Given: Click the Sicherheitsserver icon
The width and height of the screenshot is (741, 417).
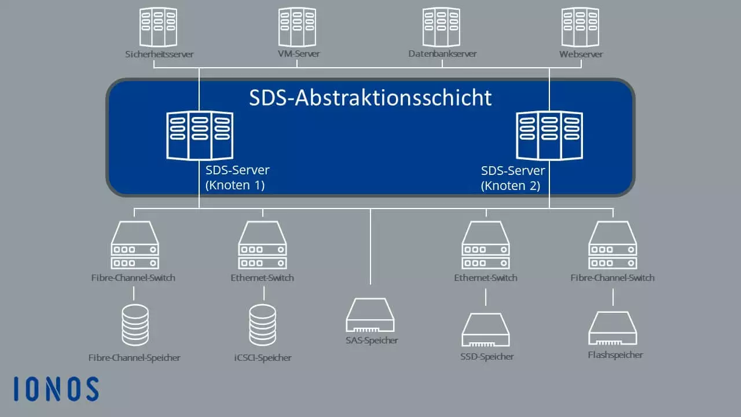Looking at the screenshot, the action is [x=158, y=27].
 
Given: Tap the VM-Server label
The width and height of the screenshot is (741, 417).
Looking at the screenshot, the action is [x=298, y=54].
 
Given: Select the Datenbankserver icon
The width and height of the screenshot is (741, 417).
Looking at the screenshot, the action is [x=441, y=27].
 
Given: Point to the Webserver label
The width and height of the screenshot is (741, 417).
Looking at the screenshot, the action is [x=581, y=54].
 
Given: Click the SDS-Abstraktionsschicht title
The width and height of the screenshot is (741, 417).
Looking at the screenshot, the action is [x=370, y=98].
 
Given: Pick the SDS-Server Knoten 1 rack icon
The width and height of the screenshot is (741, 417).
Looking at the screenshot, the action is [x=200, y=136].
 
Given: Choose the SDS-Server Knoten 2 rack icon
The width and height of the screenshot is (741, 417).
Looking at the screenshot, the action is [x=549, y=136].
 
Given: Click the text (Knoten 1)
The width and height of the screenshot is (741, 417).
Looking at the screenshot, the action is [x=235, y=185].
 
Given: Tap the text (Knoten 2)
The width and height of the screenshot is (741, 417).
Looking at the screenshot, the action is [x=511, y=186].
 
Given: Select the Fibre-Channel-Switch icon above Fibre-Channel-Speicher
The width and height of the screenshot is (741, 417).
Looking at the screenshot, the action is [x=135, y=245].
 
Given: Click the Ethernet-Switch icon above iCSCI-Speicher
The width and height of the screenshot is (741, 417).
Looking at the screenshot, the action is [x=262, y=245].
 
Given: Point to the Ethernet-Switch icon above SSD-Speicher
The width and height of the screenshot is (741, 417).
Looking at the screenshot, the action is [x=486, y=245].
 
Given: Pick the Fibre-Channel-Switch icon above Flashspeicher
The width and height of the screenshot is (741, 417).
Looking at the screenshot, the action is [x=612, y=245].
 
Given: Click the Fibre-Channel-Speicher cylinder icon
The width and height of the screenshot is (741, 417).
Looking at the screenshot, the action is [x=135, y=325].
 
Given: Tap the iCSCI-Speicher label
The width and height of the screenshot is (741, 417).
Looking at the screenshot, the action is [x=263, y=358].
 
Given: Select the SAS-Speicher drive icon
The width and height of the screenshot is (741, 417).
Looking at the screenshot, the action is [x=370, y=315].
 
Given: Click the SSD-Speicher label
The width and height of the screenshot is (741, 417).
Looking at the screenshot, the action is [x=487, y=357].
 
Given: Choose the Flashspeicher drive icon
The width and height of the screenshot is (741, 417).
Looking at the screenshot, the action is [x=612, y=328].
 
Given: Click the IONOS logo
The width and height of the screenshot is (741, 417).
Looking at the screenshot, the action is [x=56, y=389].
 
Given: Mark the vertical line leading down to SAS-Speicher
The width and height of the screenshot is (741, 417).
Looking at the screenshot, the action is [x=370, y=247].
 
